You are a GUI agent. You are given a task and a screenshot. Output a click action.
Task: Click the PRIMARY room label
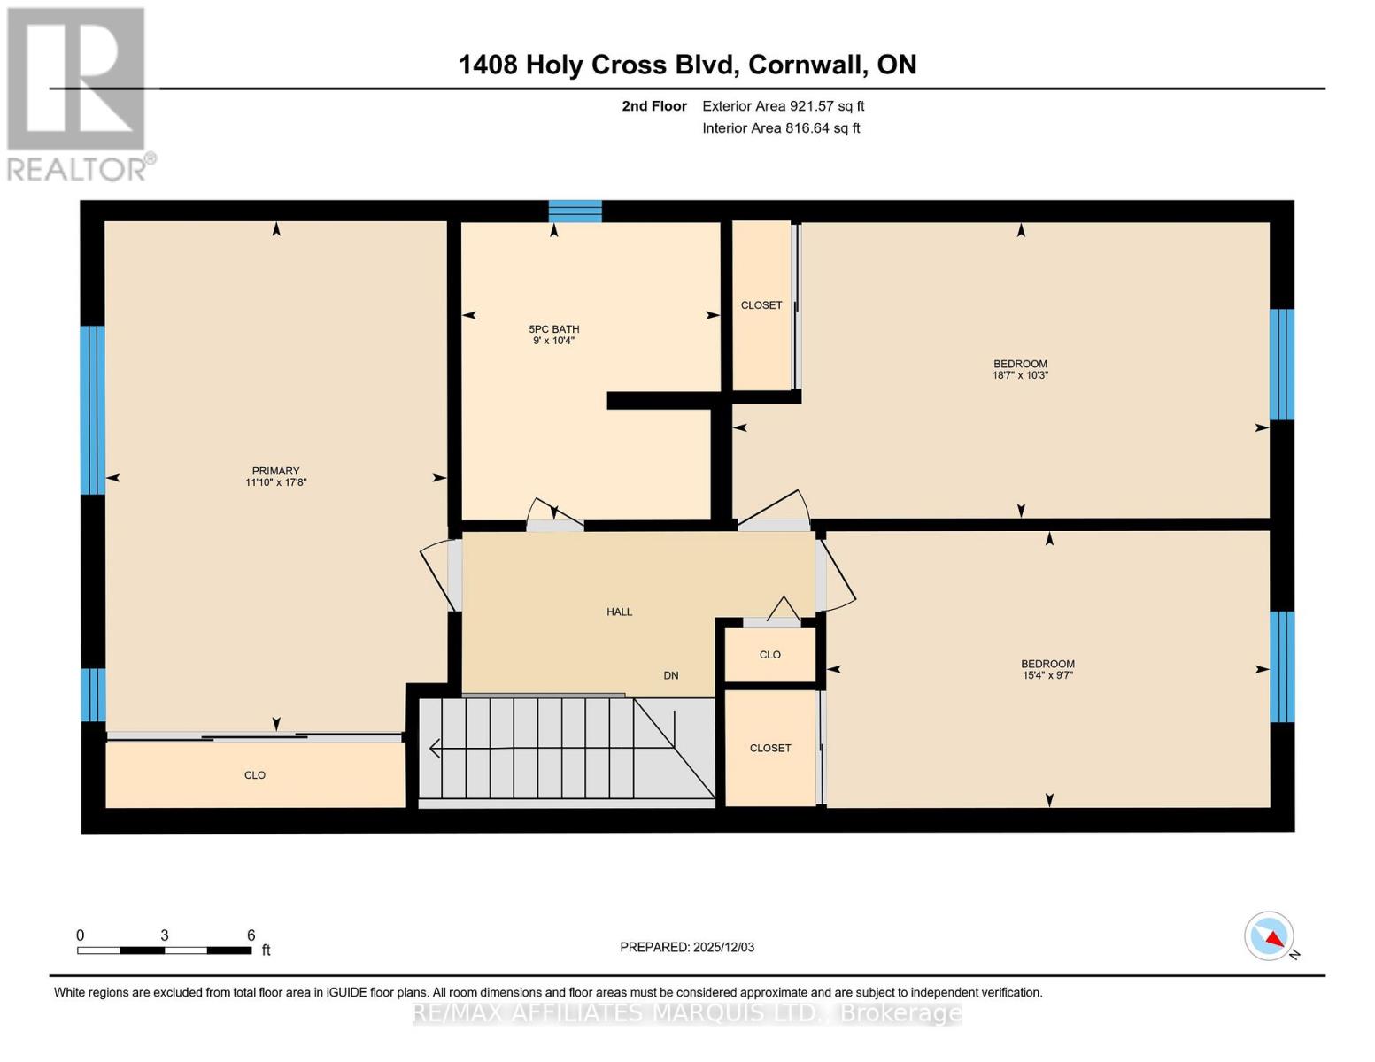(x=275, y=471)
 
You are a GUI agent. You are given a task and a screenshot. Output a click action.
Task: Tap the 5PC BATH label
(x=554, y=329)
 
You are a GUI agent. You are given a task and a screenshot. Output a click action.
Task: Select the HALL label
(x=619, y=612)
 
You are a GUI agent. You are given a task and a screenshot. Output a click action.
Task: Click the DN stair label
(x=671, y=675)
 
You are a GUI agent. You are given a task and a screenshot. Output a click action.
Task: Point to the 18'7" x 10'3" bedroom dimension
(x=1020, y=375)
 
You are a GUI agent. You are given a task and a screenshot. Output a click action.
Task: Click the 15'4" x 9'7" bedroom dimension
(x=1047, y=675)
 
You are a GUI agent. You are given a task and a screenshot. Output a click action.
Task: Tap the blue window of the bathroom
(x=575, y=212)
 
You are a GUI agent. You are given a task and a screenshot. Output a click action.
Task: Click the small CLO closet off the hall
(x=769, y=655)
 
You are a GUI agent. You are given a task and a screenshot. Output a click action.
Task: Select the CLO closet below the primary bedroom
(x=255, y=775)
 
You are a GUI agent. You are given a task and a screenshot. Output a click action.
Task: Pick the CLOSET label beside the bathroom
(x=761, y=305)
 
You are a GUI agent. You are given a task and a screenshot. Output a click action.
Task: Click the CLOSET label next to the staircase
(x=770, y=748)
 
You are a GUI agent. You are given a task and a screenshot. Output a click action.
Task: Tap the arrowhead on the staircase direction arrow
(x=434, y=749)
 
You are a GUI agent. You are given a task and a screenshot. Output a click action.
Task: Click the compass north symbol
(x=1270, y=936)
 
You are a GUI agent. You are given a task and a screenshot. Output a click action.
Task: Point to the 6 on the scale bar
(x=251, y=935)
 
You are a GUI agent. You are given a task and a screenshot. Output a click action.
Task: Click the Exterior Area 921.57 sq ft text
(x=783, y=106)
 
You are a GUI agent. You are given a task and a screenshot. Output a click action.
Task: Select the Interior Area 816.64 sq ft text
(x=781, y=128)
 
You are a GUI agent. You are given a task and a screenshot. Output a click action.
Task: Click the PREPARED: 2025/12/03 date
(x=687, y=947)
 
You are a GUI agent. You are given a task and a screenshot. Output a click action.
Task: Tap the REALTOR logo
(x=78, y=93)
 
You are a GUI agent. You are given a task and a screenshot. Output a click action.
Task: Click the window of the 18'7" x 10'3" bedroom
(x=1281, y=364)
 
